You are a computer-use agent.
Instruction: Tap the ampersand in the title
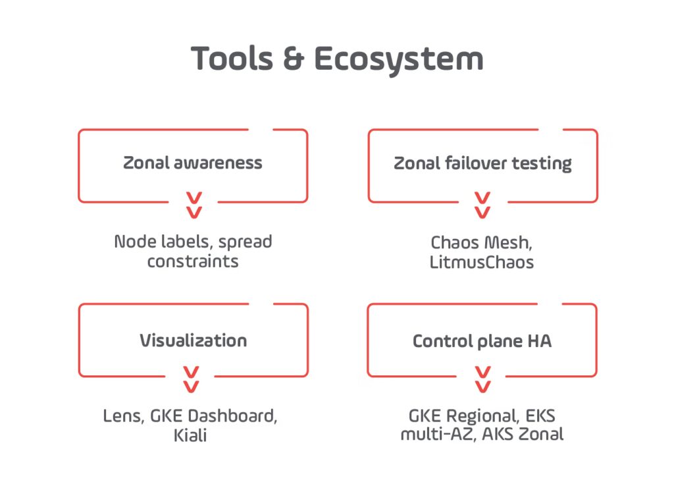pos(294,59)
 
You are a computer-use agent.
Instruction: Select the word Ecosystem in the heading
pos(399,60)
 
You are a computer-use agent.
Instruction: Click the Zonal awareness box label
pos(193,163)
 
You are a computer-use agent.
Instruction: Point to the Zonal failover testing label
pos(482,163)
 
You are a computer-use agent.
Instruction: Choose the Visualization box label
pos(194,340)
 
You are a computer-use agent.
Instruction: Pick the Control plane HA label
pos(482,341)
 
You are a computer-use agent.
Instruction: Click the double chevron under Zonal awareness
pos(194,205)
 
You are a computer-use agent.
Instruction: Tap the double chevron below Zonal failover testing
pos(482,205)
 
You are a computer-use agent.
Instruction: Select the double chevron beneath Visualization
pos(191,379)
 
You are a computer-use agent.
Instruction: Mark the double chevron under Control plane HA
pos(482,379)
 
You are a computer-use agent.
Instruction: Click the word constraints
pos(193,261)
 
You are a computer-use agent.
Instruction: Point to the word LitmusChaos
pos(481,262)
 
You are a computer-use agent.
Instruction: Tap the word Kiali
pos(190,435)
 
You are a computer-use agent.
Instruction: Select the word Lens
pos(123,416)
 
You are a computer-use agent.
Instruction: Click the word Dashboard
pos(232,416)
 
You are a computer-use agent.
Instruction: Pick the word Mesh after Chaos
pos(508,243)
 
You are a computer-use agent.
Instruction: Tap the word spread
pos(245,242)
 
